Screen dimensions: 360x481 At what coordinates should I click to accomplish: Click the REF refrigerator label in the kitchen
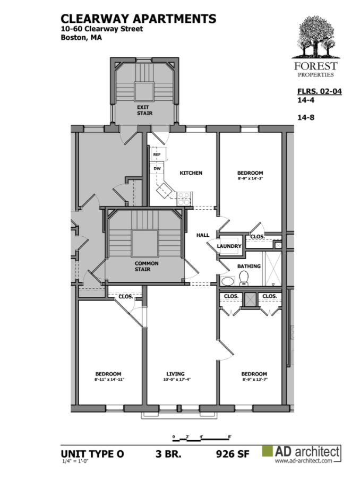[x=157, y=154]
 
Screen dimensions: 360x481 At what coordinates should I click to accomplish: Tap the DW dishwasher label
[x=157, y=169]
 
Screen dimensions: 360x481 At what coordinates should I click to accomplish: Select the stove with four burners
[x=184, y=198]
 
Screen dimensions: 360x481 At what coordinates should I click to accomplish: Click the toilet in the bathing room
[x=244, y=278]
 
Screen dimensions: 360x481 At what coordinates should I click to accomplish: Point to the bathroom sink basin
[x=228, y=281]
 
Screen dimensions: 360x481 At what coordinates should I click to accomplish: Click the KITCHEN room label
[x=191, y=173]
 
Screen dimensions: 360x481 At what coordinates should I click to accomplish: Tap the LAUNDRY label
[x=229, y=246]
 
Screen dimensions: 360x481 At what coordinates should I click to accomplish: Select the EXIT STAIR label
[x=144, y=110]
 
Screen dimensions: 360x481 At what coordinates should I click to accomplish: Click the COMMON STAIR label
[x=147, y=267]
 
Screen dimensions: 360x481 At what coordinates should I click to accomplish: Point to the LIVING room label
[x=176, y=374]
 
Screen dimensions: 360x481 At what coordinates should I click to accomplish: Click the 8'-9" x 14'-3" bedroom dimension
[x=250, y=178]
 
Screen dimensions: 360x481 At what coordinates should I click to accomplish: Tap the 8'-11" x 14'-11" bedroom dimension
[x=109, y=379]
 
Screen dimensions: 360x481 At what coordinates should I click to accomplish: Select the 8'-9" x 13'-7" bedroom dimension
[x=254, y=379]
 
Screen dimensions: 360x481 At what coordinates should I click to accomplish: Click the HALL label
[x=203, y=235]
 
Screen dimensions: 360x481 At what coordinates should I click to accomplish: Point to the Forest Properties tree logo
[x=316, y=37]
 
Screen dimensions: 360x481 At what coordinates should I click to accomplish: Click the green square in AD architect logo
[x=267, y=451]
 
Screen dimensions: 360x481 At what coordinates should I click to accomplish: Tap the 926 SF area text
[x=233, y=454]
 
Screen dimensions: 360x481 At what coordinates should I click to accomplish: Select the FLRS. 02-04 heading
[x=320, y=91]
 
